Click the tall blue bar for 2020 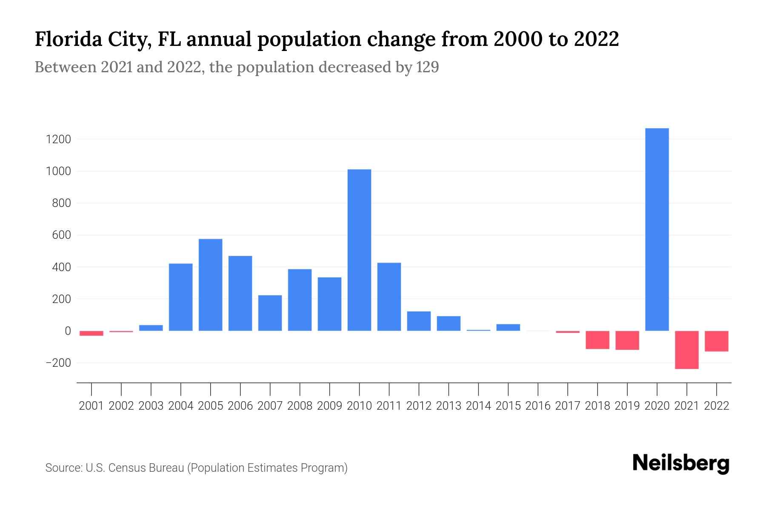(x=657, y=229)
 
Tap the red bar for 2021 (x=686, y=350)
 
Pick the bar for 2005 (x=210, y=285)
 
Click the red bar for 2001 (x=91, y=333)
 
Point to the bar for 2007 (x=270, y=313)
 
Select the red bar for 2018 (x=597, y=340)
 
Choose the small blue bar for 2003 (x=151, y=328)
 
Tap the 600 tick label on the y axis (x=61, y=235)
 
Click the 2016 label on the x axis (x=538, y=406)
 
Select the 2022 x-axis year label (x=717, y=406)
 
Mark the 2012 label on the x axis (x=419, y=406)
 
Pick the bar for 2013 (x=449, y=323)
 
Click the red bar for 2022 (x=716, y=341)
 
